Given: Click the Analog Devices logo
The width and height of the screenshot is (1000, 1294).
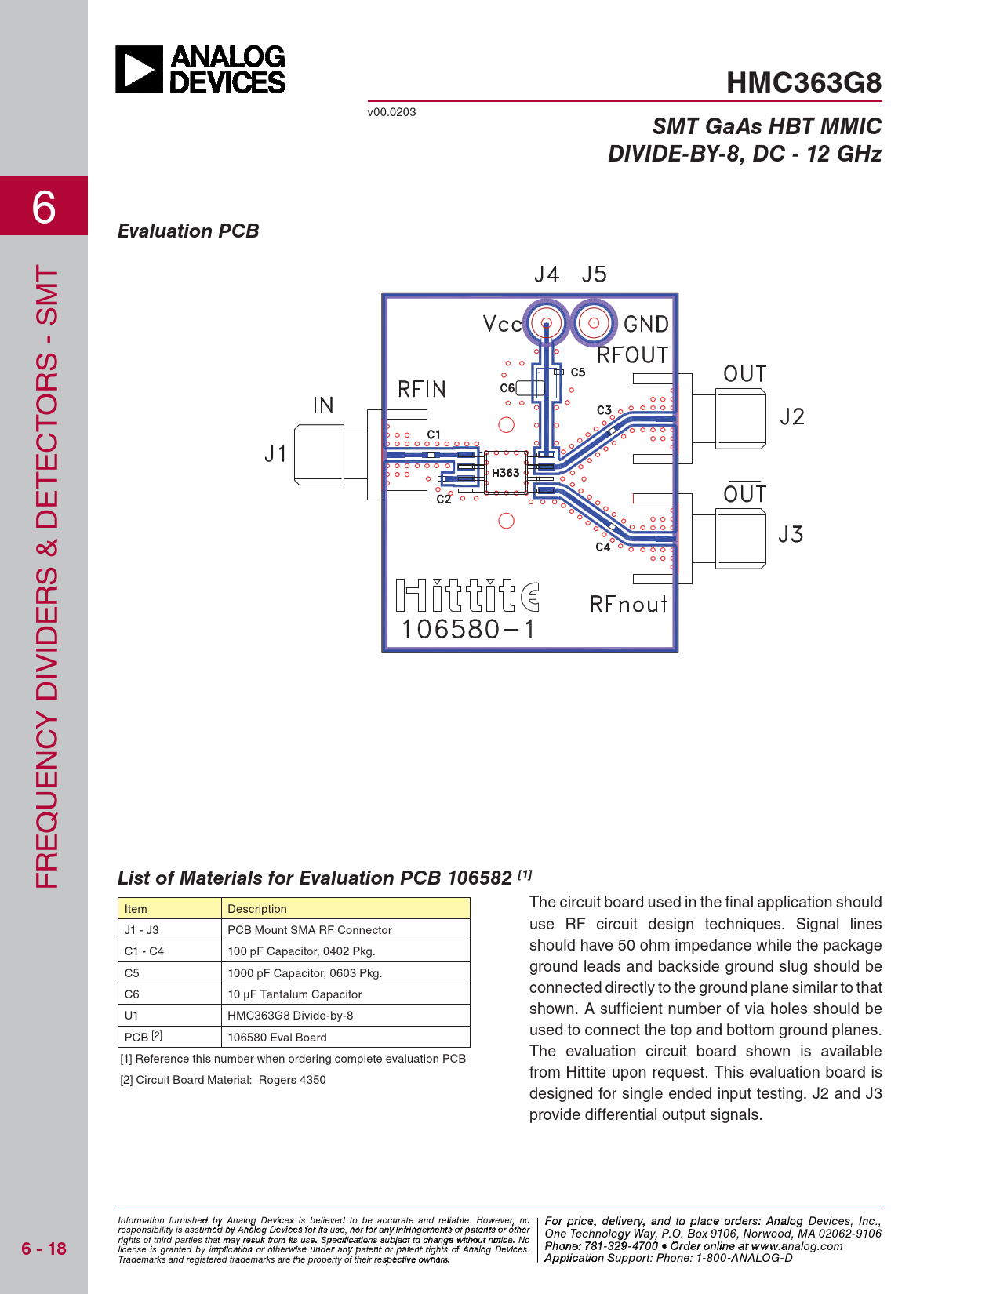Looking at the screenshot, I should tap(201, 70).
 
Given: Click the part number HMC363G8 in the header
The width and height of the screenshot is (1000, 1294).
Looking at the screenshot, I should tap(803, 83).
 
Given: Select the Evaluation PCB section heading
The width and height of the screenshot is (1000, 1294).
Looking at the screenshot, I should tap(188, 231).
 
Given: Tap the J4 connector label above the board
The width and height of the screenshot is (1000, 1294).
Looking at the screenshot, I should tap(546, 274).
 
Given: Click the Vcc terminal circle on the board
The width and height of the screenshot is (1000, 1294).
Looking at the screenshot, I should tap(546, 322).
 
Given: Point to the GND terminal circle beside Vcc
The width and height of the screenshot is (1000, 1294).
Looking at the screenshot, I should tap(594, 322).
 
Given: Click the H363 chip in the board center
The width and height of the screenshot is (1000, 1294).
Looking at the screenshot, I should tap(505, 473).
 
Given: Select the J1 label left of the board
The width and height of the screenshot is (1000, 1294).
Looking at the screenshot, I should tap(275, 453).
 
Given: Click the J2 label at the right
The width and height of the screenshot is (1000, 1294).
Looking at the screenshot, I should tap(791, 416).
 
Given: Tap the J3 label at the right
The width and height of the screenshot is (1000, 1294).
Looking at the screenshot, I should tap(791, 535).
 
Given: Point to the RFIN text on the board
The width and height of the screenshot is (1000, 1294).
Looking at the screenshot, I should tap(422, 389).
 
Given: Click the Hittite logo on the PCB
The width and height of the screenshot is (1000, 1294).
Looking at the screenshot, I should tap(467, 596).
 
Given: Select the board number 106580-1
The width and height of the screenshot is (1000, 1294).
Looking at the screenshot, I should tap(468, 629).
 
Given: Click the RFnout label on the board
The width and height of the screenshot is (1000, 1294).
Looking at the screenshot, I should tap(628, 604).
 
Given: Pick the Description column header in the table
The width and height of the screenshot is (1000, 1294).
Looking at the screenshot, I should tap(257, 909).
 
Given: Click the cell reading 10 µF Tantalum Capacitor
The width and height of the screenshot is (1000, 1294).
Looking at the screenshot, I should tap(295, 994).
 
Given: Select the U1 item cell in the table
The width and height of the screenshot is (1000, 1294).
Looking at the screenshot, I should tap(132, 1016).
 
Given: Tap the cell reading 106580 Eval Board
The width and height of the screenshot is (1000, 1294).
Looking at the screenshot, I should tap(277, 1038).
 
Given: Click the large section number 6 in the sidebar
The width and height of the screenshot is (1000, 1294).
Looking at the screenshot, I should tap(44, 207).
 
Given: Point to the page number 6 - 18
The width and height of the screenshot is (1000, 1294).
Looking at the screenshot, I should tap(44, 1249).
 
